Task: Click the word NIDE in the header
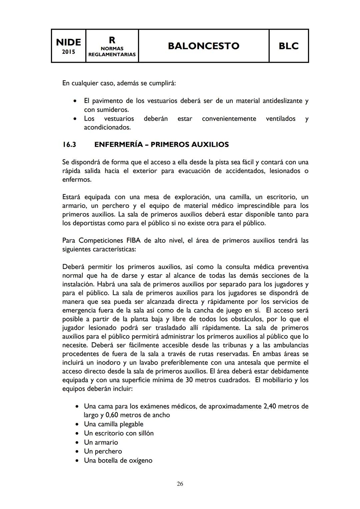[68, 42]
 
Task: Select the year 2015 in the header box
[68, 52]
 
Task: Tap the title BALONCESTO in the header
[203, 46]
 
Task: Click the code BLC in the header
[288, 46]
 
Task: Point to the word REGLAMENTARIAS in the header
[112, 54]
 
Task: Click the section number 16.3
[69, 145]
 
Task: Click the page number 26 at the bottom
[180, 484]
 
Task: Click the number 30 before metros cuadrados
[189, 380]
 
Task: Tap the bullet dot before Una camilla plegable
[77, 424]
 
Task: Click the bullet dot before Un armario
[77, 443]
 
